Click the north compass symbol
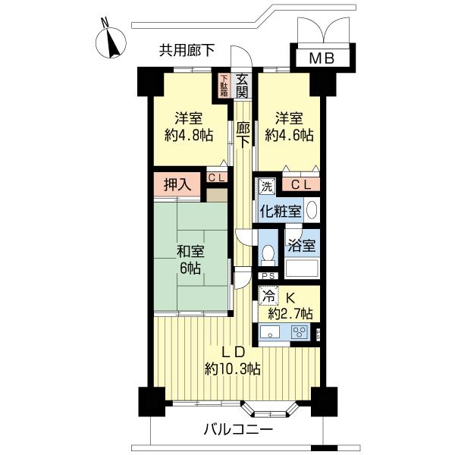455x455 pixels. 111,42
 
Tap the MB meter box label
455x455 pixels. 322,58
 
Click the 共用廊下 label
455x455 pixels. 187,50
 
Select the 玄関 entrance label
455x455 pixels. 241,86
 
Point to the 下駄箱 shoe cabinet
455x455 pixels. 224,86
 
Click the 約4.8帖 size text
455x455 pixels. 189,135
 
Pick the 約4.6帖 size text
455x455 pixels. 290,135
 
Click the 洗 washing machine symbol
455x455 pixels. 267,187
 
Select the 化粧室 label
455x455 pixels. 281,211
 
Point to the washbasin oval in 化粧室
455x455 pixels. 312,210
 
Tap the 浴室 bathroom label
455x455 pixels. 302,246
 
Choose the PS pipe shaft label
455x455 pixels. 268,276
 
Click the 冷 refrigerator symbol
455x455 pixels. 268,296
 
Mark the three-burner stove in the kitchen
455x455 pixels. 300,333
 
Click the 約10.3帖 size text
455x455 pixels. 232,369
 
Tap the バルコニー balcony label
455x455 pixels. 238,429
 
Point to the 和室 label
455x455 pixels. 190,251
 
